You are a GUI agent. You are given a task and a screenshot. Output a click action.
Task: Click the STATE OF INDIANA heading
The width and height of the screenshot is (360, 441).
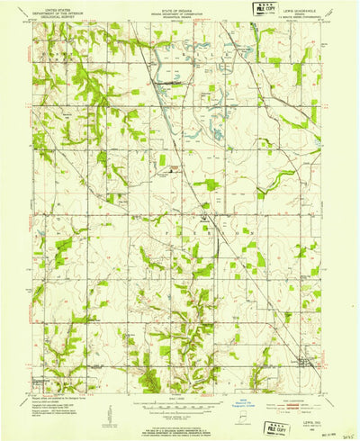pyautogui.click(x=180, y=7)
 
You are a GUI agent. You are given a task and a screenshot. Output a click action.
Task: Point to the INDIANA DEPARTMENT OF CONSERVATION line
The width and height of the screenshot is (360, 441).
pyautogui.click(x=180, y=11)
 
